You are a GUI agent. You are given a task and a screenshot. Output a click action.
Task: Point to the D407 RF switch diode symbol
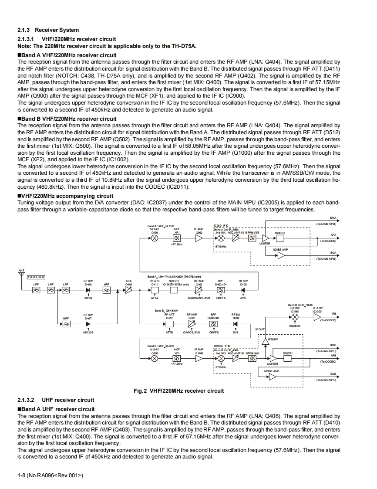(x=88, y=324)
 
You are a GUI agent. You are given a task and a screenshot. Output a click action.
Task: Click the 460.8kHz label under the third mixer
(x=295, y=326)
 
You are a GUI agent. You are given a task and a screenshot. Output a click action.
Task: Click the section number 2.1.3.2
(x=26, y=400)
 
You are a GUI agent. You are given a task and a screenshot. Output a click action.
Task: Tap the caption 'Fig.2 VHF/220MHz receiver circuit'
(x=178, y=391)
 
